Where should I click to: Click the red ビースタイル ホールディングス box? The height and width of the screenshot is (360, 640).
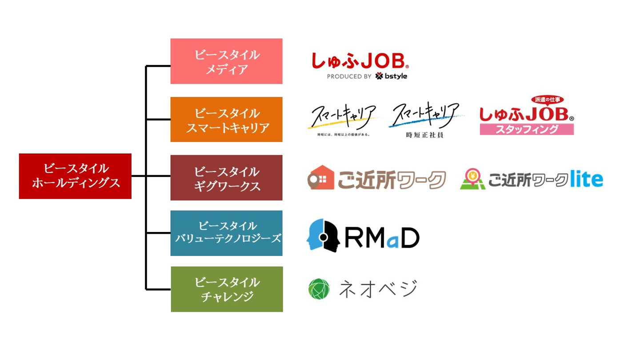[75, 176]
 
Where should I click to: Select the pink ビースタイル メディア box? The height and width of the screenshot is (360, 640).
[226, 61]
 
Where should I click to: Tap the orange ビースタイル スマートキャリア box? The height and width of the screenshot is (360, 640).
[226, 120]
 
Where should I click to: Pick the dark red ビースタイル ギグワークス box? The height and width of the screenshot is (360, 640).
[226, 178]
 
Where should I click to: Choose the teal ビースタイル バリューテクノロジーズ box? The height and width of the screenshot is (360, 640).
[226, 233]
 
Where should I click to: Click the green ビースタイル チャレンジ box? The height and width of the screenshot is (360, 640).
[227, 289]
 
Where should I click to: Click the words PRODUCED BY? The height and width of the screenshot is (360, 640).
[349, 76]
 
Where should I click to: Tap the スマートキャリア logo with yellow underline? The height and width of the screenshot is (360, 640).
[344, 116]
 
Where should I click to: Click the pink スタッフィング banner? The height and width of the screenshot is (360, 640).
[527, 129]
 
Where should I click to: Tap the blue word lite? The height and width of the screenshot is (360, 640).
[587, 179]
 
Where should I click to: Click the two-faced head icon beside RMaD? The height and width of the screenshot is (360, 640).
[323, 236]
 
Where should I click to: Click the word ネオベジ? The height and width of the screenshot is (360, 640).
[378, 289]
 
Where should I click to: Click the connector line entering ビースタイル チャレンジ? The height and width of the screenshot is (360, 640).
[159, 290]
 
